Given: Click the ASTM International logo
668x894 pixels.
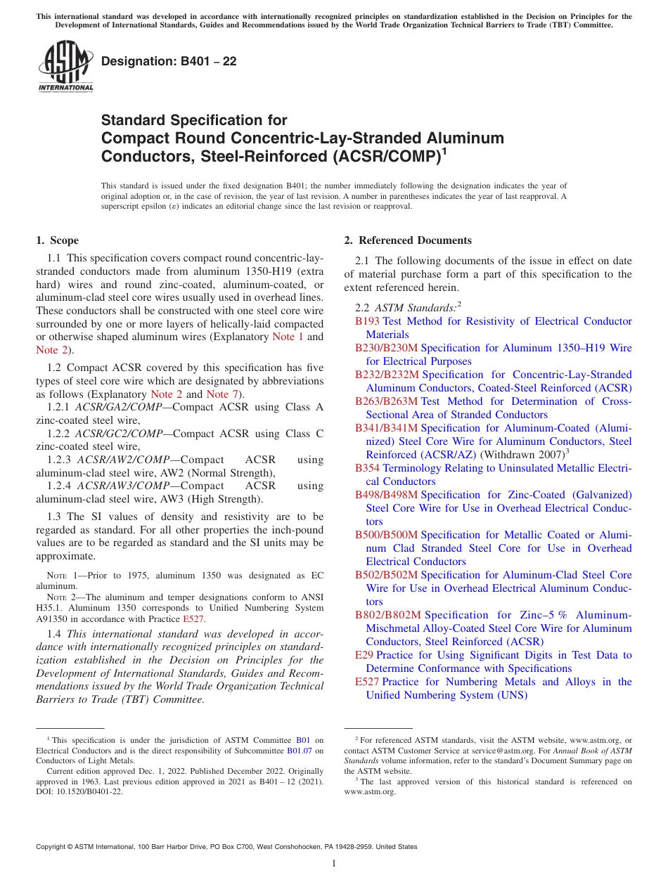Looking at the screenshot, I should (65, 66).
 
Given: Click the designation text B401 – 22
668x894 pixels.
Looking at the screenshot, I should (169, 62).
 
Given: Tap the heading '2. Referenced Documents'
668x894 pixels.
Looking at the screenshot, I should (408, 240).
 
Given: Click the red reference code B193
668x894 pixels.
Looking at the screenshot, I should (367, 321).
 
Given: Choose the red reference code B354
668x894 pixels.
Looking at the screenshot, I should (367, 468).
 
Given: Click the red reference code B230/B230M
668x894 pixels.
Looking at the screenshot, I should (386, 348).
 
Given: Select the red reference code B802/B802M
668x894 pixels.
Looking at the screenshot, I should (388, 615).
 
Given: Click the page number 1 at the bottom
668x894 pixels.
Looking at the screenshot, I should (334, 864).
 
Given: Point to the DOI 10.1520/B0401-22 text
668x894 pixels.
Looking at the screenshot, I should (79, 791).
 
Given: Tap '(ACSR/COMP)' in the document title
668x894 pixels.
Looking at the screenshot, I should (376, 155).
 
